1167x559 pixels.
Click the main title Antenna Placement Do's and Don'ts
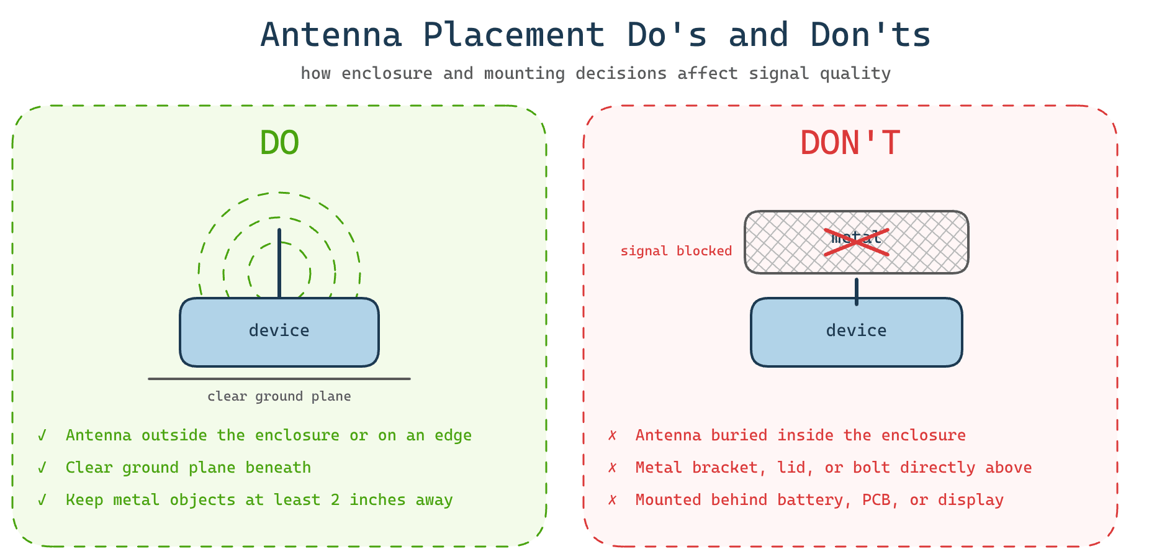tap(595, 35)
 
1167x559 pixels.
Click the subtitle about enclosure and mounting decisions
tap(595, 73)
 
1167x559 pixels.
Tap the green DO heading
tap(279, 143)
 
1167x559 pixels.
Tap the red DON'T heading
tap(850, 143)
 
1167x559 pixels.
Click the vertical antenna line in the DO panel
tap(279, 261)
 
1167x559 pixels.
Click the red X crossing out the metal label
tap(856, 242)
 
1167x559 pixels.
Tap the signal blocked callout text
tap(676, 251)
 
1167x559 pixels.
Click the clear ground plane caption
tap(279, 396)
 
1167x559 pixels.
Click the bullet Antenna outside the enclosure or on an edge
tap(268, 435)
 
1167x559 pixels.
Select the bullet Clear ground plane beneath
tap(188, 468)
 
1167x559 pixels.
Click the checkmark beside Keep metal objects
tap(42, 500)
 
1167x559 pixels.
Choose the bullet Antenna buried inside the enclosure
tap(800, 435)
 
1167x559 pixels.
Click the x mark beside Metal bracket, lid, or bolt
tap(612, 468)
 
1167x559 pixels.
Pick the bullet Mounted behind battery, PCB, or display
tap(819, 500)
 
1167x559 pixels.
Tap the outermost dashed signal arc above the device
tap(279, 193)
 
